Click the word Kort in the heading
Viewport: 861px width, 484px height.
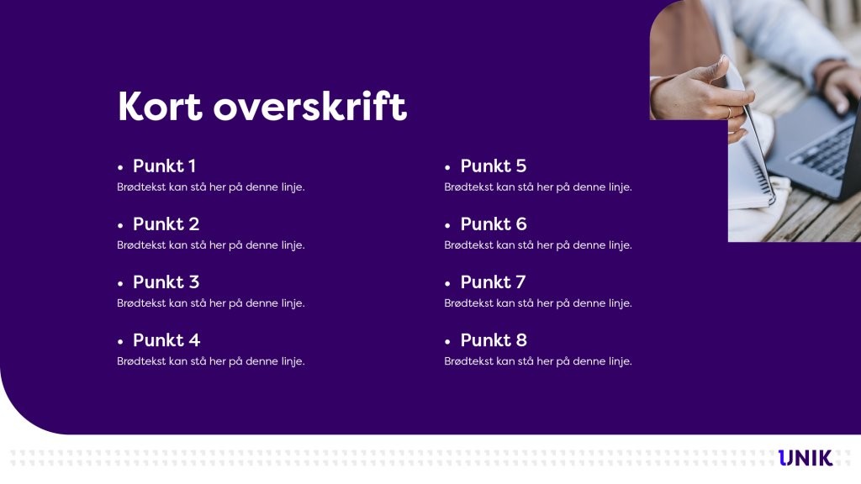coord(160,108)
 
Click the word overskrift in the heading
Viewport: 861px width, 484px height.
coord(310,108)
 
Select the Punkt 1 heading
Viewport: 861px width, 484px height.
coord(164,166)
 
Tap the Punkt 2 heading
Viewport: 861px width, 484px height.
coord(166,224)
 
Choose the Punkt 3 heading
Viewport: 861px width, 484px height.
coord(166,282)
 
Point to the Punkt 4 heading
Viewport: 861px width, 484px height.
coord(166,340)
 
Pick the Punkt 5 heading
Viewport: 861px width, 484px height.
coord(493,166)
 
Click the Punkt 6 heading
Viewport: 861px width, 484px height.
coord(494,224)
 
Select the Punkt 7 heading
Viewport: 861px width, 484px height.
coord(493,282)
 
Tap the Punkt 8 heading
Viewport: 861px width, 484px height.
coord(494,340)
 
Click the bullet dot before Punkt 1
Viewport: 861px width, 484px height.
coord(121,167)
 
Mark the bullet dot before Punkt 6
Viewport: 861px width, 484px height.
coord(448,225)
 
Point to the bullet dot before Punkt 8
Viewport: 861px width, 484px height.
coord(448,341)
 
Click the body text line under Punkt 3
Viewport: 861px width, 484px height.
coord(210,303)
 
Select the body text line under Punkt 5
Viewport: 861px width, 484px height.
coord(537,187)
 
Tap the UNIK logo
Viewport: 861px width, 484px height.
coord(805,458)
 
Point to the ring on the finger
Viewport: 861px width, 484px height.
coord(728,113)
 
